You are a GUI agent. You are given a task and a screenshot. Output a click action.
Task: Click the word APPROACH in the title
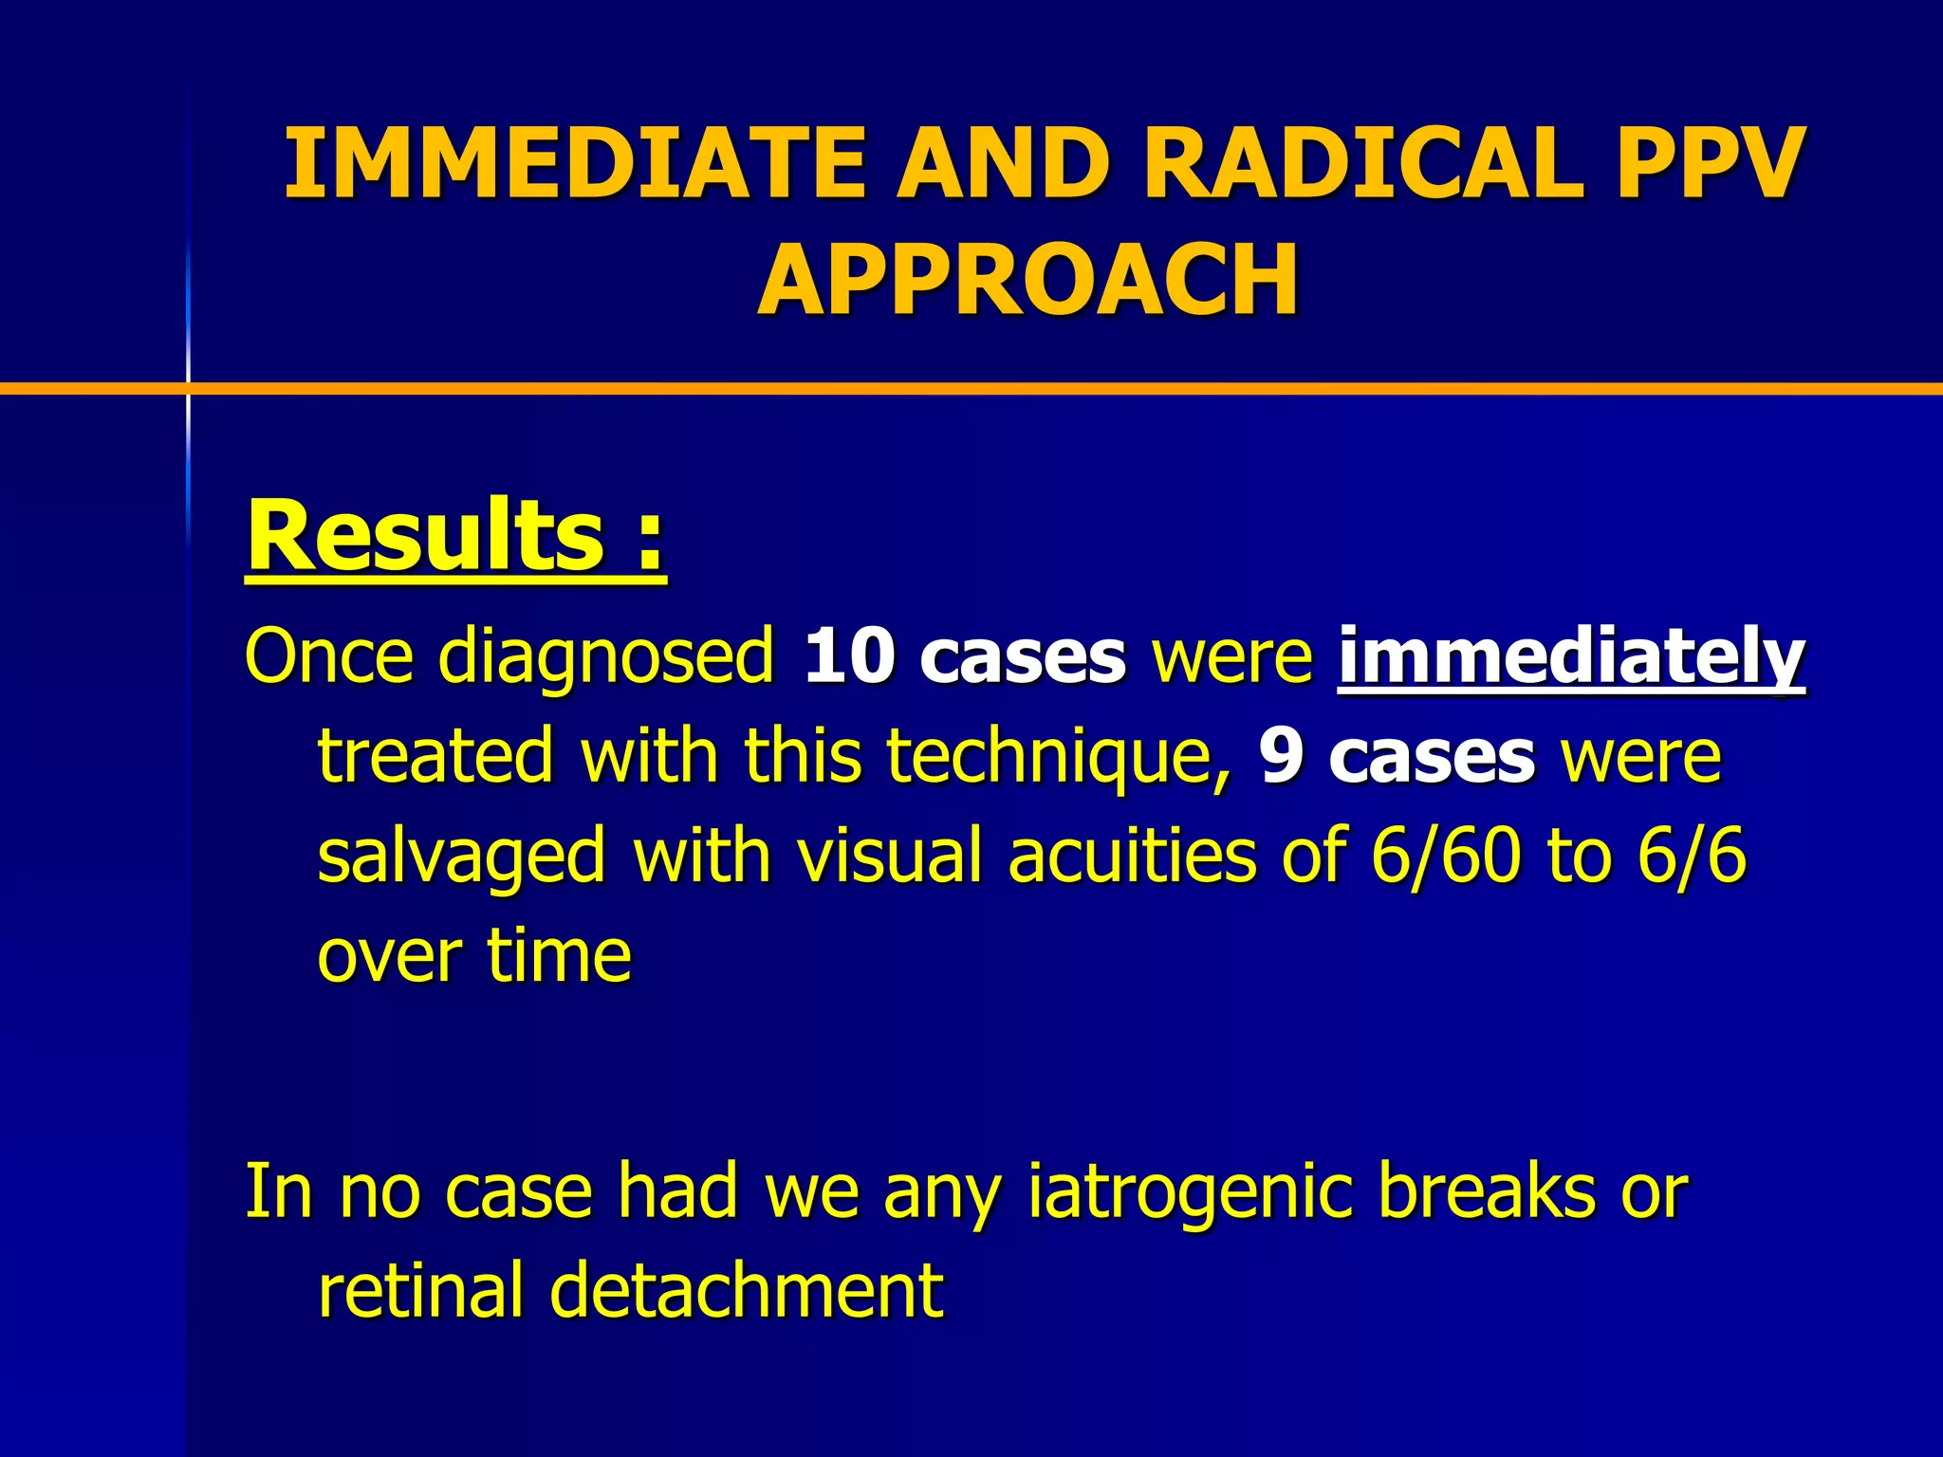pyautogui.click(x=1027, y=281)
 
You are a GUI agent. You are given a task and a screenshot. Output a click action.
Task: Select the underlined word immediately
pyautogui.click(x=1571, y=657)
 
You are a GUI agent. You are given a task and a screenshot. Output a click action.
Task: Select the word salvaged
pyautogui.click(x=461, y=857)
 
